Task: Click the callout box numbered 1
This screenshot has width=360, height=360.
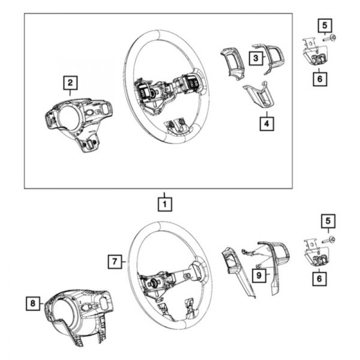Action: click(165, 204)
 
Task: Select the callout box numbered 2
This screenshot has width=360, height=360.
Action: click(70, 83)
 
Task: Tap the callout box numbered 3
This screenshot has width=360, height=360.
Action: click(256, 58)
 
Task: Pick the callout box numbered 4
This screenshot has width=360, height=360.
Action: click(266, 124)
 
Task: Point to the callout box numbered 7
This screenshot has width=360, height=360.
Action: click(115, 262)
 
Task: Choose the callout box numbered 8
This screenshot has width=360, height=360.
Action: click(33, 303)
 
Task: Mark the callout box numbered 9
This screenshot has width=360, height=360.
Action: click(259, 275)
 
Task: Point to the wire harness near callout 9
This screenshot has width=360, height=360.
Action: click(250, 253)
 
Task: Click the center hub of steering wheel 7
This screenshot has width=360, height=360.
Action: click(152, 284)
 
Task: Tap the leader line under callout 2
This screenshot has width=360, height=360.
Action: click(70, 93)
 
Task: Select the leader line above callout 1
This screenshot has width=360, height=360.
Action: click(164, 195)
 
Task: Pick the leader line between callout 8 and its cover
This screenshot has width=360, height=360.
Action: click(42, 304)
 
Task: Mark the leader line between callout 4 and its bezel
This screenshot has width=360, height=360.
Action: click(267, 114)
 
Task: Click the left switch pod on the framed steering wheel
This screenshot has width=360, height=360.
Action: click(143, 91)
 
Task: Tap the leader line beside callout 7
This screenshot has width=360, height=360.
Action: click(124, 262)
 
